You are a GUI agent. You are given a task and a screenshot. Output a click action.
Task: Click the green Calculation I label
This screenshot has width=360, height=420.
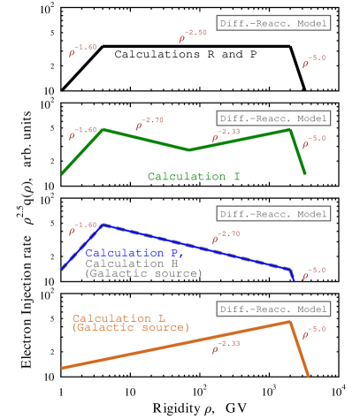[x=194, y=177]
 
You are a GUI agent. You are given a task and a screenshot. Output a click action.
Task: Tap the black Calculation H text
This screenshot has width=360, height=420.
[x=137, y=263]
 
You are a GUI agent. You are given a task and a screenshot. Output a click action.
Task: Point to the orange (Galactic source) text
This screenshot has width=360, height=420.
[x=130, y=328]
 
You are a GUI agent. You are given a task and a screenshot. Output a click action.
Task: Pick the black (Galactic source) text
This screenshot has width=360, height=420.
[x=143, y=274]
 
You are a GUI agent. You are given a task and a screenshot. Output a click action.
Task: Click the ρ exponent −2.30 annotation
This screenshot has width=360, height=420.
[x=193, y=36]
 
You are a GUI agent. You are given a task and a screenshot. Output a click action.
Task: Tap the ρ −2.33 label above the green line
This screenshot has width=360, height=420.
[x=226, y=134]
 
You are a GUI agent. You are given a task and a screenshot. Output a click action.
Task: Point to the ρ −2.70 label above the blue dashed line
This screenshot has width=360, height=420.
[x=226, y=236]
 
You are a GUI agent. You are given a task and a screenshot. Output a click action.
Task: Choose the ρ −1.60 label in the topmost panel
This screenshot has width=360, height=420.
[x=82, y=50]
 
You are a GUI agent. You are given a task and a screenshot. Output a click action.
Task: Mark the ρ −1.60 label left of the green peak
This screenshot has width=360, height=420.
[x=82, y=134]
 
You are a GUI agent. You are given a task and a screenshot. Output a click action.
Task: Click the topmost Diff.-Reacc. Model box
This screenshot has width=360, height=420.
[x=273, y=23]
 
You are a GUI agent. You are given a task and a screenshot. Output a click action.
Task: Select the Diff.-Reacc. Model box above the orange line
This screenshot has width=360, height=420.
[x=273, y=309]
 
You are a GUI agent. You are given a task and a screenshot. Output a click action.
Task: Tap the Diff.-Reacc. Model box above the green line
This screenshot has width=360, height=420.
[x=273, y=118]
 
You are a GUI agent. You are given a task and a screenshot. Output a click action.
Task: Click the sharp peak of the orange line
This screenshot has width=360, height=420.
[x=290, y=321]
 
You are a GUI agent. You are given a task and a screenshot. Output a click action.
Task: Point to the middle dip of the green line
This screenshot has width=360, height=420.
[x=188, y=149]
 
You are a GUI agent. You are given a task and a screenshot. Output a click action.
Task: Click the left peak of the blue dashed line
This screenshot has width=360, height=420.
[x=103, y=225]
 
